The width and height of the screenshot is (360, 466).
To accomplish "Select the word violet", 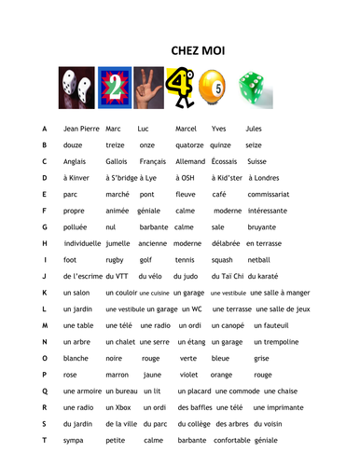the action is (184, 376).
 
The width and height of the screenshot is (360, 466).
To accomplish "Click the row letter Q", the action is (44, 392).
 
